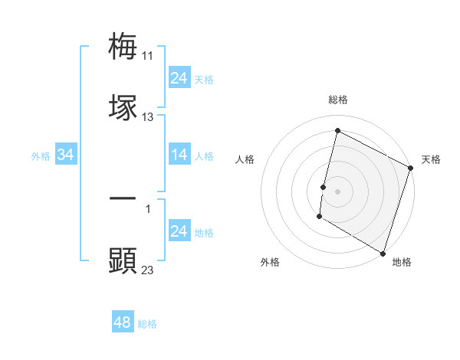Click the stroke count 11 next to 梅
pos(148,56)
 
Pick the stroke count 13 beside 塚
pos(148,117)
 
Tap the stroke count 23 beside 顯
pos(148,270)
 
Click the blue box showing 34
pos(66,155)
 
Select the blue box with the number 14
pos(179,155)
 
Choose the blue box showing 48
pos(123,322)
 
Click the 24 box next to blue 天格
pos(179,78)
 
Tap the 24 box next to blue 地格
pos(179,231)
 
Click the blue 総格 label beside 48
pos(148,324)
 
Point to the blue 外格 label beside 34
pos(41,156)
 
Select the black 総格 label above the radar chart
pos(338,100)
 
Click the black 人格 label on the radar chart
pos(245,159)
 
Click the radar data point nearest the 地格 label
pos(382,252)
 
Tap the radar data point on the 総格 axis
pos(337,132)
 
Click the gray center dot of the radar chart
pos(337,189)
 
